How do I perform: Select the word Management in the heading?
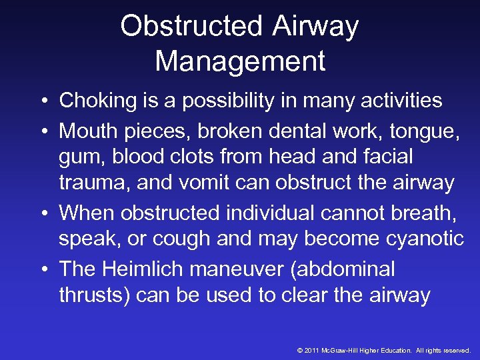[x=240, y=61]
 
